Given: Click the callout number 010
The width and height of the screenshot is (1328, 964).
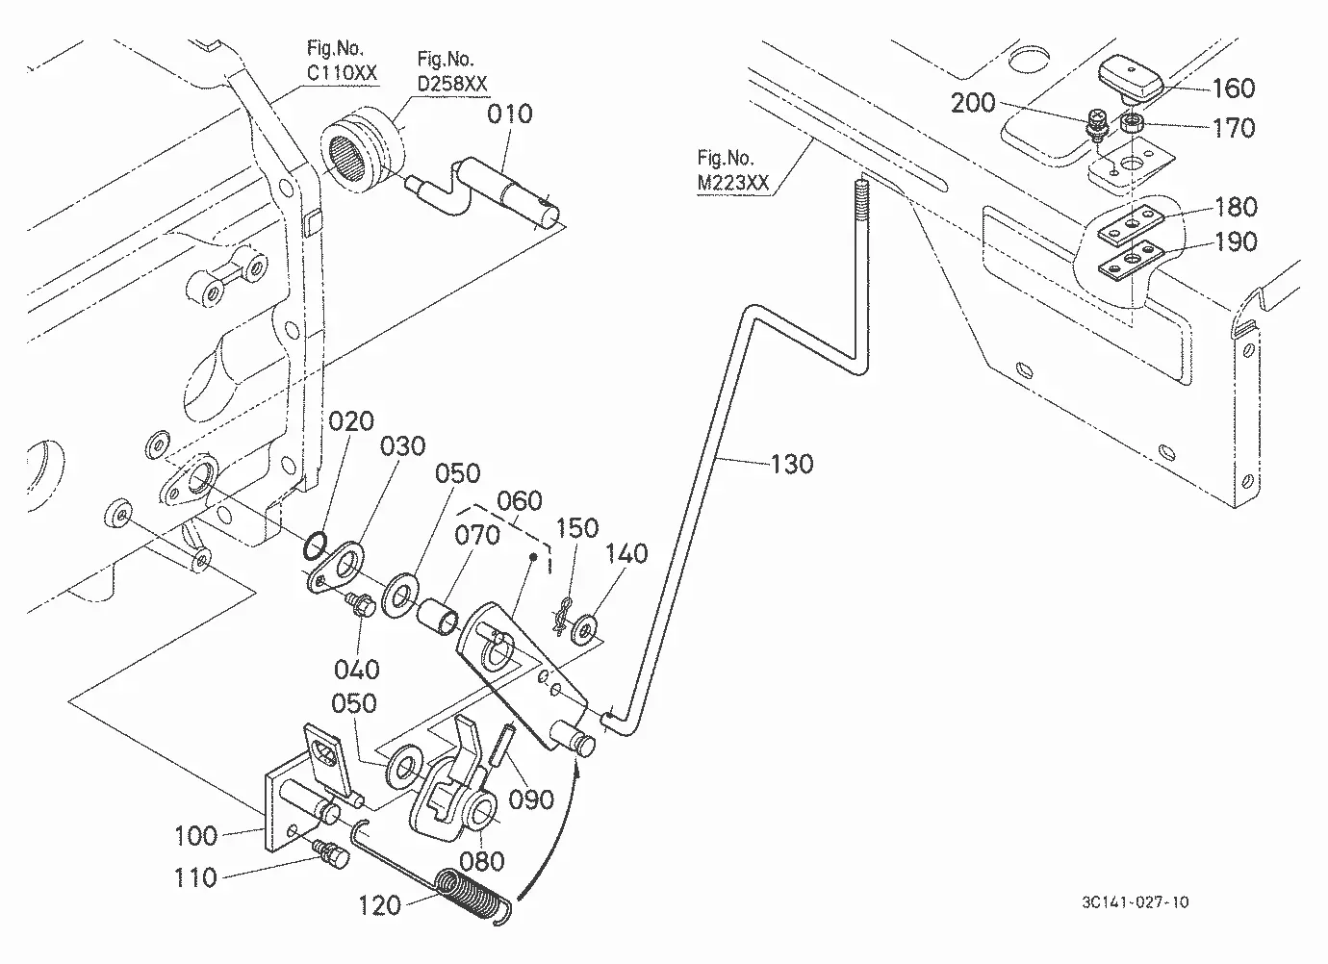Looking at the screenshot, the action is coord(510,114).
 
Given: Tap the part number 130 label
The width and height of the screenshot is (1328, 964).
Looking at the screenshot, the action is coord(791,465).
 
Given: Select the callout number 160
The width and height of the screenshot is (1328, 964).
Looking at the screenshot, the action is coord(1234,89).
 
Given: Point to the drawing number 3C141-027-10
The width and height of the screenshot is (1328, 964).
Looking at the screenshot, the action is coord(1136,902).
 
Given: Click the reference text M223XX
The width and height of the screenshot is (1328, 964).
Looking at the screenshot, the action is coord(732,183).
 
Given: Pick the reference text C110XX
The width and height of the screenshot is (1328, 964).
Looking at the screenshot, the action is coord(342,73).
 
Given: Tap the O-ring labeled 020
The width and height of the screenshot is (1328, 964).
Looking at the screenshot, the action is coord(315,545).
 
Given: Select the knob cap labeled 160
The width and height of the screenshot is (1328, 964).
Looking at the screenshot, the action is coord(1131,79).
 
